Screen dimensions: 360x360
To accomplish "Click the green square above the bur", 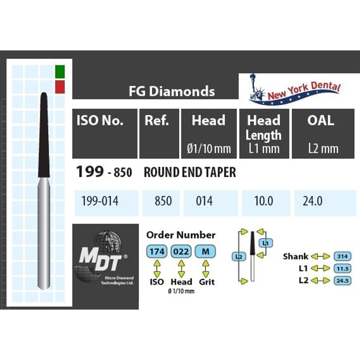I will pyautogui.click(x=60, y=71).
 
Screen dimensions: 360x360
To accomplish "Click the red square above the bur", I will pyautogui.click(x=60, y=86).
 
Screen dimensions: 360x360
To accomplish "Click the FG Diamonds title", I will pyautogui.click(x=172, y=91).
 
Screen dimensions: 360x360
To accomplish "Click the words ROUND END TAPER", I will pyautogui.click(x=190, y=172).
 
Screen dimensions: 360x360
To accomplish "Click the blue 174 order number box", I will pyautogui.click(x=157, y=252).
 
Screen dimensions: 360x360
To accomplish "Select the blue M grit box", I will pyautogui.click(x=205, y=252).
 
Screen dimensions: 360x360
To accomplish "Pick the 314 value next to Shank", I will pyautogui.click(x=343, y=256).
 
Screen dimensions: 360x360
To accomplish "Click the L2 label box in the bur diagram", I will pyautogui.click(x=238, y=257).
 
